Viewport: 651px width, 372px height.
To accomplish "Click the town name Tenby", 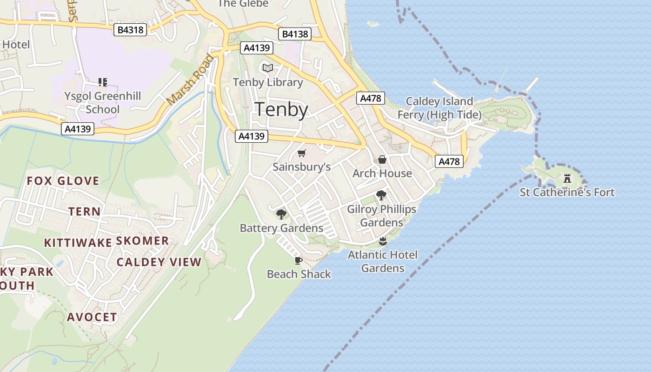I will click(x=282, y=110).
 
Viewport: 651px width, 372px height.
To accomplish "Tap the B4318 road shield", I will click(x=131, y=30).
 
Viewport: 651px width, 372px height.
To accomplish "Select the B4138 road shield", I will click(x=295, y=34).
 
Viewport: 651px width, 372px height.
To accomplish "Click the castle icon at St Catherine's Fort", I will click(x=567, y=178).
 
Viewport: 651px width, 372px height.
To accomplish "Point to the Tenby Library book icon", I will click(x=267, y=68).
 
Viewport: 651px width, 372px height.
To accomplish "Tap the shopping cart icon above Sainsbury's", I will click(x=302, y=153).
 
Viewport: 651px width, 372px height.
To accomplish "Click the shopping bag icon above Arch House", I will click(x=382, y=160).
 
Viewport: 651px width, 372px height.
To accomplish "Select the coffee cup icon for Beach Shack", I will click(x=299, y=260).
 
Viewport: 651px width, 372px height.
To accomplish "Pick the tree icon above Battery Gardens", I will click(x=281, y=214).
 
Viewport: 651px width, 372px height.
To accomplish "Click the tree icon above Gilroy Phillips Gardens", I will click(x=381, y=195).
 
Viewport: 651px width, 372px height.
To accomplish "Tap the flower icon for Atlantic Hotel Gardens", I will click(x=382, y=241).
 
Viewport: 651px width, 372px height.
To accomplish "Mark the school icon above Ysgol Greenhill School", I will click(x=103, y=82).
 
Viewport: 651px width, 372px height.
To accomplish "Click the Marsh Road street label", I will click(x=191, y=80).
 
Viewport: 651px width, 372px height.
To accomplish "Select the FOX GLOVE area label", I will click(x=63, y=181).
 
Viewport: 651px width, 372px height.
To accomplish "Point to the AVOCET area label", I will click(x=92, y=317).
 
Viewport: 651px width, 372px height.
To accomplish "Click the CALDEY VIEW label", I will click(x=159, y=262).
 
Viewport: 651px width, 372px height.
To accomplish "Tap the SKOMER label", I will click(x=142, y=241).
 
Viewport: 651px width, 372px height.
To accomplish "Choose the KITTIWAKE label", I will click(x=78, y=243).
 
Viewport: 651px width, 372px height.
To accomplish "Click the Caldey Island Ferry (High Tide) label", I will click(x=439, y=108).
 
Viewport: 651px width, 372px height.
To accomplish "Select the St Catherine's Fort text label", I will click(x=567, y=193).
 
